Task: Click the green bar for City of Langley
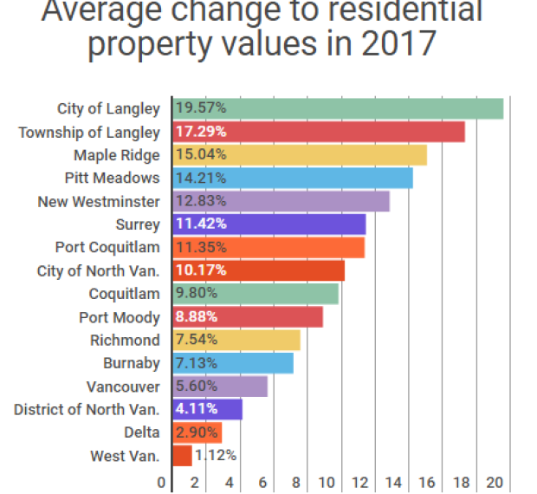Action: [x=338, y=108]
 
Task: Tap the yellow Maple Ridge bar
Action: [x=300, y=155]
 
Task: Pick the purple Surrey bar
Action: [x=269, y=224]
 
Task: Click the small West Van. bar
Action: [x=183, y=455]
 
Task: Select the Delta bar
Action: [x=197, y=432]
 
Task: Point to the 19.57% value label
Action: [x=202, y=108]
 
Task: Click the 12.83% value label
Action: [x=202, y=201]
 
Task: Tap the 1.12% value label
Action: [x=216, y=455]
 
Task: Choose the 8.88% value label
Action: [x=199, y=316]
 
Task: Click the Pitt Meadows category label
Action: [x=112, y=178]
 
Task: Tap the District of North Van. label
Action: [x=87, y=409]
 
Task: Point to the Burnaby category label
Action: [x=131, y=363]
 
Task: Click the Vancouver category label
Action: [x=123, y=387]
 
